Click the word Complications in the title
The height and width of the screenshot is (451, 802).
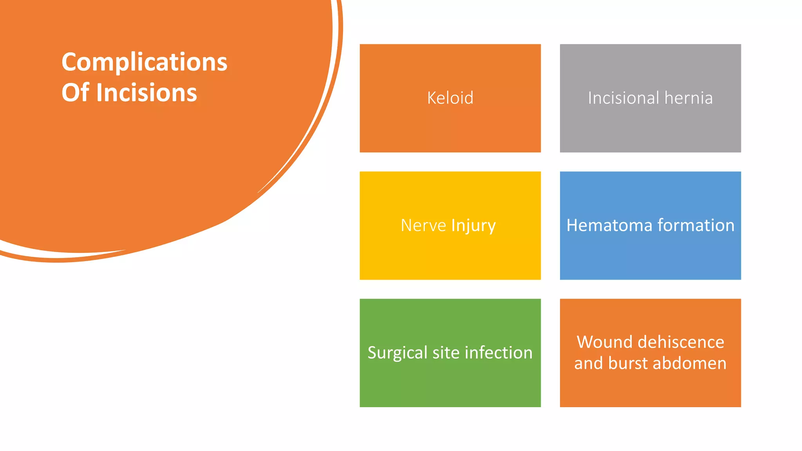[144, 63]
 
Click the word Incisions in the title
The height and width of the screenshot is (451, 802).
[146, 93]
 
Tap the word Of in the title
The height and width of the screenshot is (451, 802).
[75, 93]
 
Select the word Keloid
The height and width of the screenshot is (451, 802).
[450, 98]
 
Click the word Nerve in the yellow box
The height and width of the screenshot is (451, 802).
[423, 225]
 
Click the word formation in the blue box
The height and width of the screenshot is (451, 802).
[696, 225]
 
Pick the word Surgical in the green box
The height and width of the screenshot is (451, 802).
[397, 353]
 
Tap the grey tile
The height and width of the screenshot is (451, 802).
[650, 129]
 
